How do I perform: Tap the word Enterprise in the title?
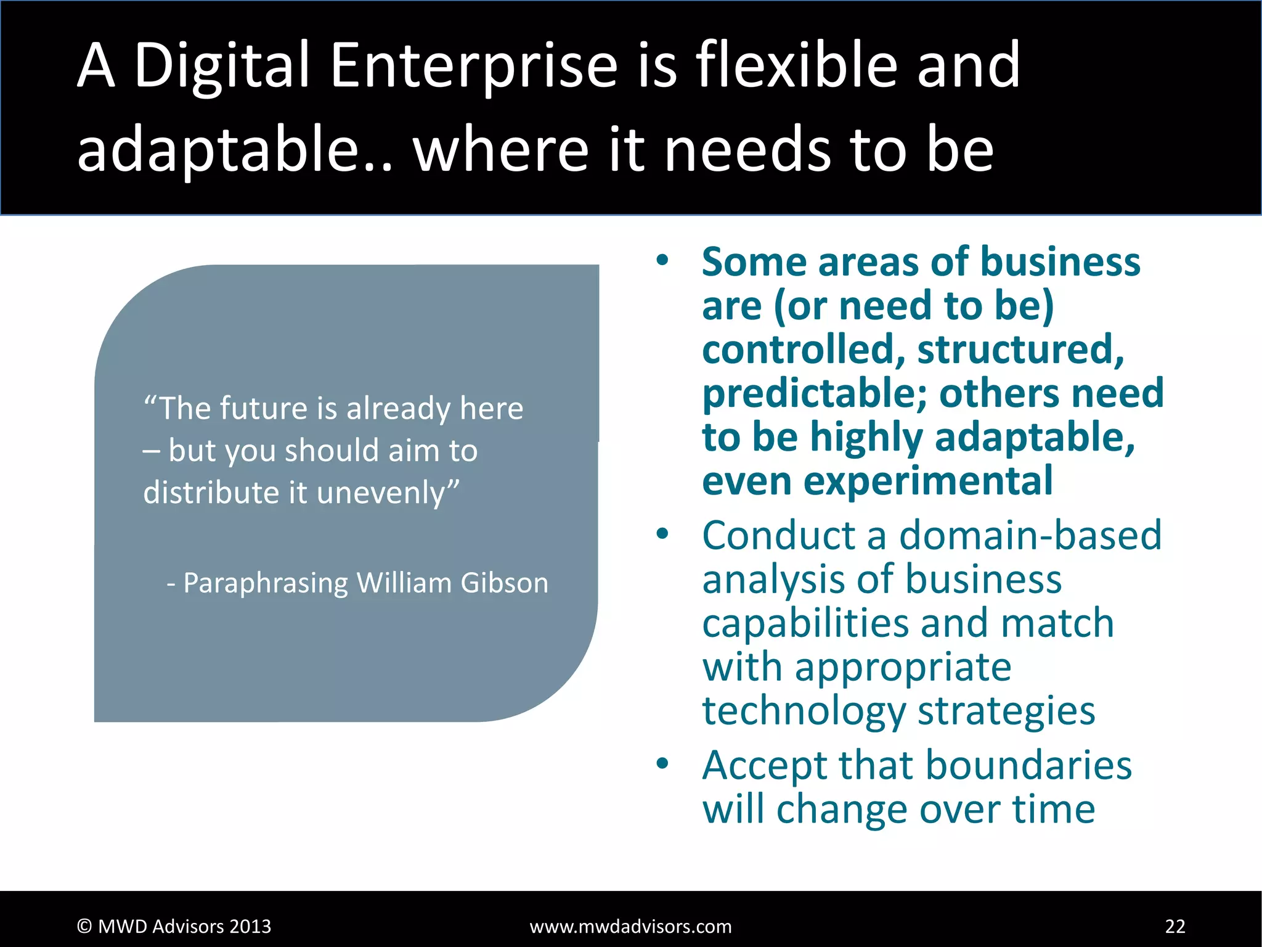coord(473,65)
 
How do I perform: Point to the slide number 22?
coord(1175,926)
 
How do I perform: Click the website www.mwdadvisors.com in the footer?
coord(630,926)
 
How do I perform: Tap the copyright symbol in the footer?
coord(84,926)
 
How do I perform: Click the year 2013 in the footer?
coord(250,926)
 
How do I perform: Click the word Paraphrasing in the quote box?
coord(266,583)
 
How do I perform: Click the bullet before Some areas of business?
coord(662,261)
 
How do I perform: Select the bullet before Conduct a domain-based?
coord(662,535)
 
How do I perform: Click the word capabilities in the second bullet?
coord(805,623)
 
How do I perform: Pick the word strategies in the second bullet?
coord(1006,710)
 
